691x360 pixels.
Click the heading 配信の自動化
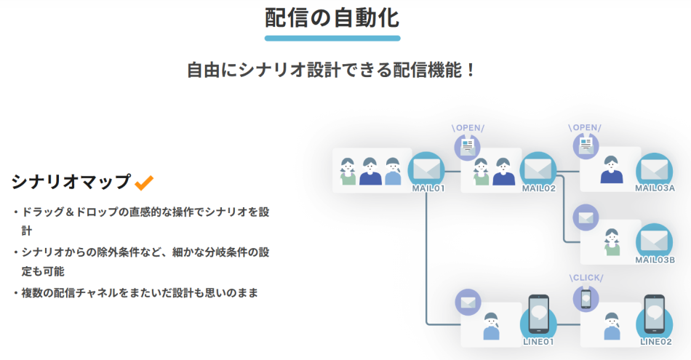tap(332, 17)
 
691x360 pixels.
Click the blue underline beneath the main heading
tap(332, 38)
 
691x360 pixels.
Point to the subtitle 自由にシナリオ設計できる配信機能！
tap(332, 71)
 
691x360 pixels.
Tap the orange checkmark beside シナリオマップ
tap(144, 182)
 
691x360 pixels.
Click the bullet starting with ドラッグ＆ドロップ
tap(146, 212)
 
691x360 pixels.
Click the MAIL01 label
tap(428, 188)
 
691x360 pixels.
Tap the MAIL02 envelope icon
tap(539, 169)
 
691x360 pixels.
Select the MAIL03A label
tap(655, 188)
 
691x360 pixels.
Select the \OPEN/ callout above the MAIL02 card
tap(468, 128)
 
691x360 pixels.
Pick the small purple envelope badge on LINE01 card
tap(468, 302)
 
